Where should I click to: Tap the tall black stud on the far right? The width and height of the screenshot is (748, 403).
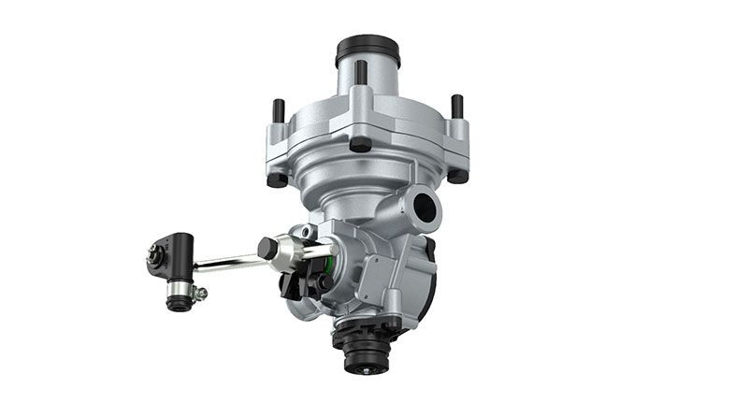click(457, 107)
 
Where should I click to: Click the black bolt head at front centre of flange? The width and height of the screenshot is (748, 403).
click(360, 144)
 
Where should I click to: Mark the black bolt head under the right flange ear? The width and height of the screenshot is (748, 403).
click(457, 175)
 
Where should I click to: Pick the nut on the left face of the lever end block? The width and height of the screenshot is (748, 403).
click(153, 252)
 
